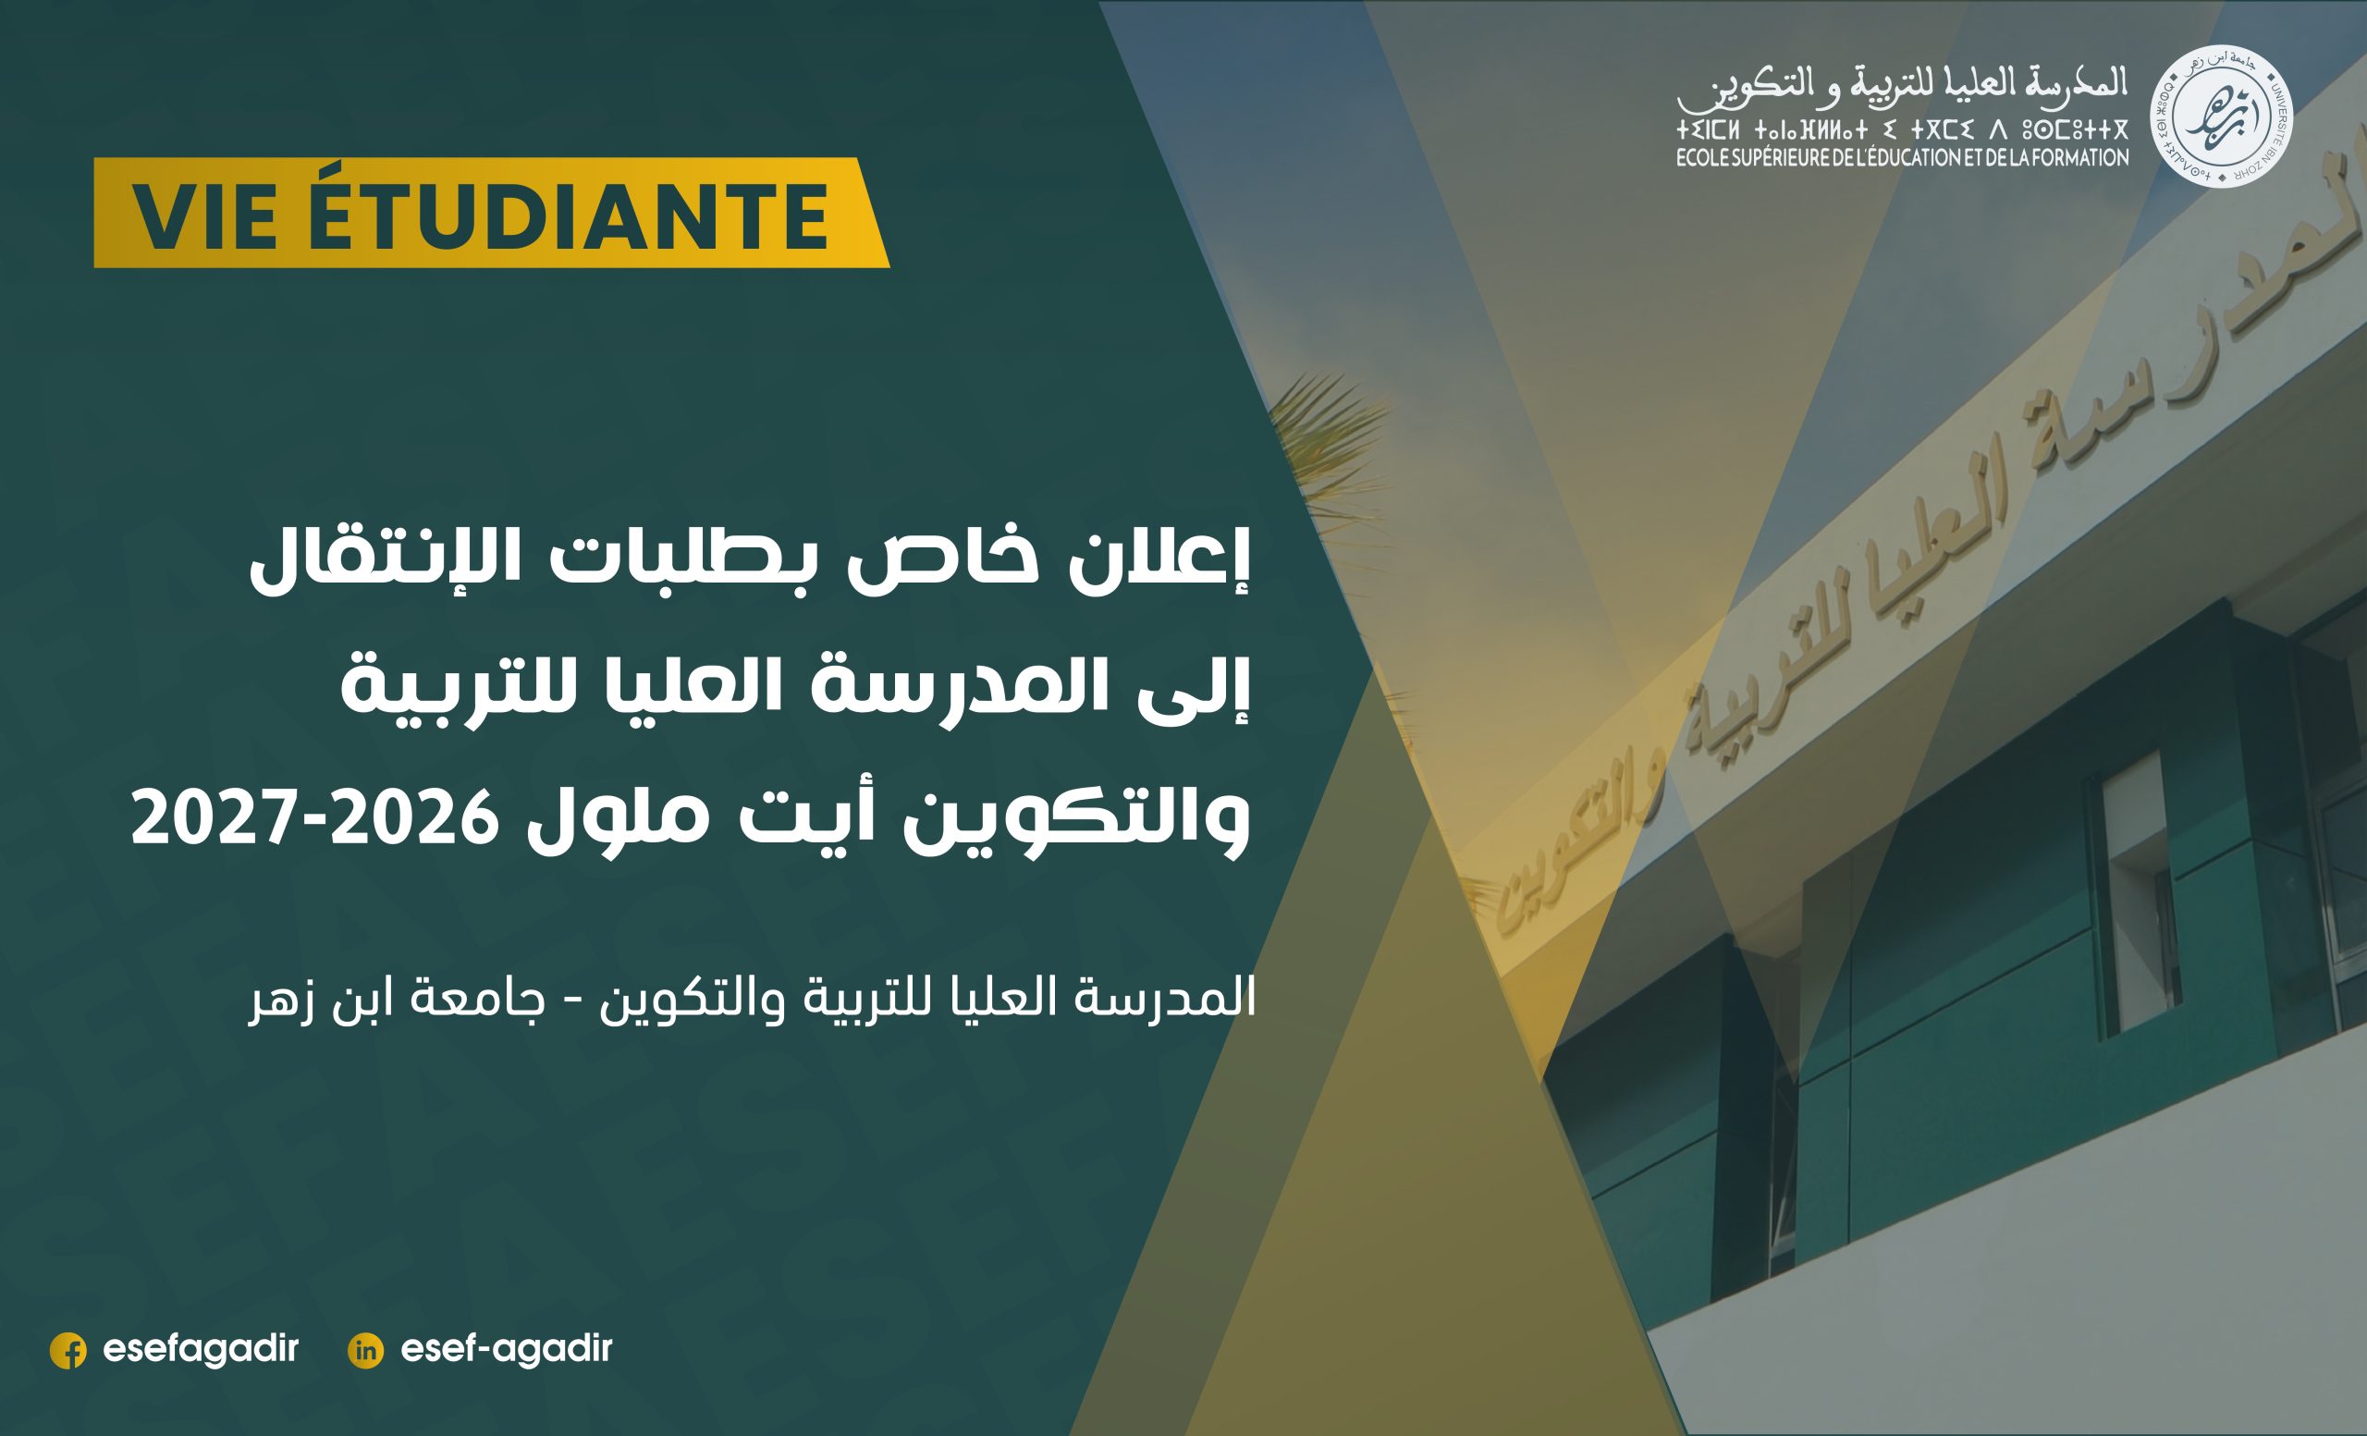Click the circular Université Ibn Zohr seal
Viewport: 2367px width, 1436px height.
tap(2220, 117)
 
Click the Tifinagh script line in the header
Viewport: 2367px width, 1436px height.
tap(1903, 129)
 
